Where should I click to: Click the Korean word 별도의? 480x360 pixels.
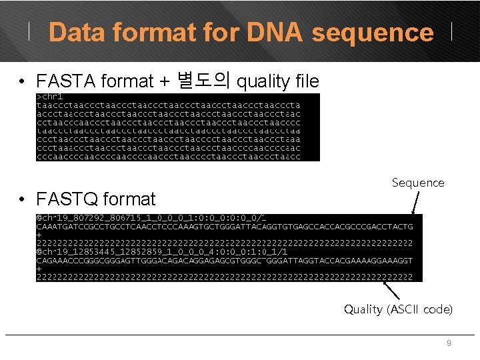pyautogui.click(x=204, y=81)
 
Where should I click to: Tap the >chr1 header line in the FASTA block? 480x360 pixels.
pyautogui.click(x=50, y=97)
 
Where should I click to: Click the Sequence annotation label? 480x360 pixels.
pyautogui.click(x=418, y=183)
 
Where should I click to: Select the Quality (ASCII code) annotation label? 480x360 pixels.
pyautogui.click(x=398, y=309)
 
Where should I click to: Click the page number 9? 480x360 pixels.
pyautogui.click(x=449, y=343)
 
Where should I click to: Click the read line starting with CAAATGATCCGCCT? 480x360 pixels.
pyautogui.click(x=224, y=227)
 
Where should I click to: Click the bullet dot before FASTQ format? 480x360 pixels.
pyautogui.click(x=23, y=199)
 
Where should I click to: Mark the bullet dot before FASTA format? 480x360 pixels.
pyautogui.click(x=23, y=82)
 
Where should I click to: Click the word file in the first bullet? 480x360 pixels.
pyautogui.click(x=307, y=81)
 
